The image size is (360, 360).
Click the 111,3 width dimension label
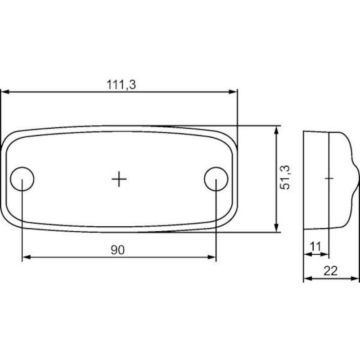pyautogui.click(x=121, y=85)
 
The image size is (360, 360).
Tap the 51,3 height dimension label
pyautogui.click(x=285, y=177)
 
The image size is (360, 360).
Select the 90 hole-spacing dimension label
pyautogui.click(x=118, y=250)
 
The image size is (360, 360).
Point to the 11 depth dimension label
pyautogui.click(x=315, y=247)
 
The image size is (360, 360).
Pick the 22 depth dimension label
pyautogui.click(x=331, y=271)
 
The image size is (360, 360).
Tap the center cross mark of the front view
pyautogui.click(x=119, y=179)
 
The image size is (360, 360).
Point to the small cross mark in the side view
pyautogui.click(x=329, y=178)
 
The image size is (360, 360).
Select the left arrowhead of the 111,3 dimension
pyautogui.click(x=5, y=92)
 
